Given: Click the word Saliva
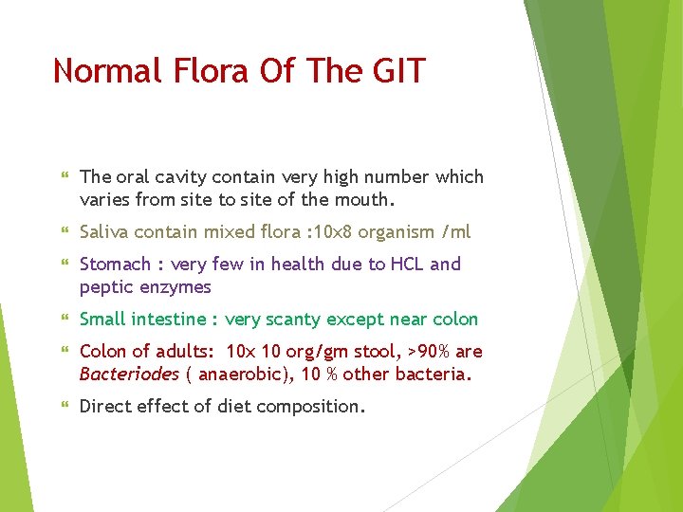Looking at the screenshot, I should click(105, 232).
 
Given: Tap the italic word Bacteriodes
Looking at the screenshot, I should click(129, 375).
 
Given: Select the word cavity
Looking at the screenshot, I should click(181, 177).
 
